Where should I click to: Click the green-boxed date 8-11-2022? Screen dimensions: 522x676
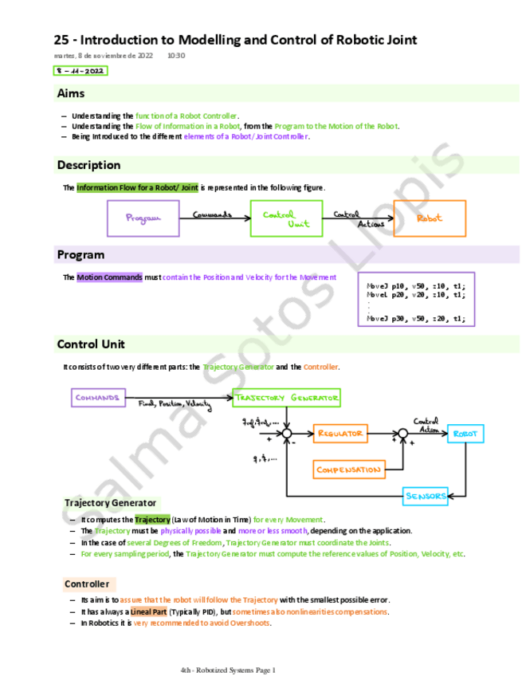point(80,71)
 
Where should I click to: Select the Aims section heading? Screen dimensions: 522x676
point(71,94)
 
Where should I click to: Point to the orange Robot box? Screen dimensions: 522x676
point(430,218)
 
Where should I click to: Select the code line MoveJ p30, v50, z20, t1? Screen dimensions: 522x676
point(415,319)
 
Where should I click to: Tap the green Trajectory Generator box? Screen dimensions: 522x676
point(287,397)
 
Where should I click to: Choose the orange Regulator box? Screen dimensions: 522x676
point(340,434)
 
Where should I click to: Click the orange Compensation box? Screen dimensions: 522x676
point(348,470)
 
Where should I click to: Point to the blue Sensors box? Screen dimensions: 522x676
point(426,496)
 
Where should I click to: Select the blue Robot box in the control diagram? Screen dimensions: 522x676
point(465,434)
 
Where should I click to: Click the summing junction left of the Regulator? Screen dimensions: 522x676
point(286,434)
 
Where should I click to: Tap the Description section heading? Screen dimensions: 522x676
point(88,165)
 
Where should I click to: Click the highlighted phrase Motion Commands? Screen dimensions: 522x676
point(110,277)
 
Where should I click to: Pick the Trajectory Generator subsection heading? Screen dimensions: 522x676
point(111,503)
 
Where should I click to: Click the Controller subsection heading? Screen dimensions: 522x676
point(87,584)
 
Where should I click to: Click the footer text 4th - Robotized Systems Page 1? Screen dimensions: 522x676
point(228,670)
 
